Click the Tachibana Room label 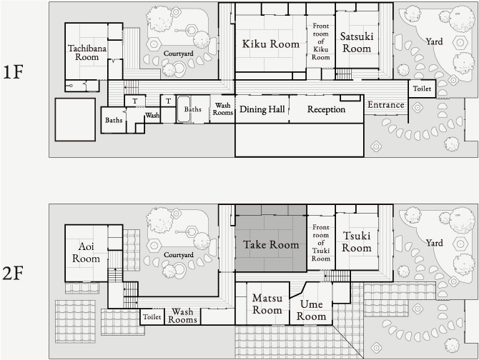click(x=87, y=53)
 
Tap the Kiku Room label click(x=271, y=44)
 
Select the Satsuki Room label click(x=357, y=42)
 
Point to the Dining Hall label click(x=262, y=109)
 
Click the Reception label click(x=326, y=109)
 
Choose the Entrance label click(x=386, y=105)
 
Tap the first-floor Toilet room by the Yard click(x=423, y=89)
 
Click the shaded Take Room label click(x=271, y=245)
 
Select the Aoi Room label click(x=86, y=252)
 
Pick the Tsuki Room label click(x=357, y=241)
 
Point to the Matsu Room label click(x=267, y=304)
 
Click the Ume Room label click(x=311, y=310)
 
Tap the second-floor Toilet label click(x=152, y=317)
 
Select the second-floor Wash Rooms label click(x=182, y=316)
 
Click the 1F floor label click(x=13, y=72)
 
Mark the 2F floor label click(x=13, y=274)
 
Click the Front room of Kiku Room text click(x=321, y=41)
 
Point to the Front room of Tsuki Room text click(x=321, y=243)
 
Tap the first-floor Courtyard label click(x=179, y=54)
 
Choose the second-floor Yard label click(x=434, y=243)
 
